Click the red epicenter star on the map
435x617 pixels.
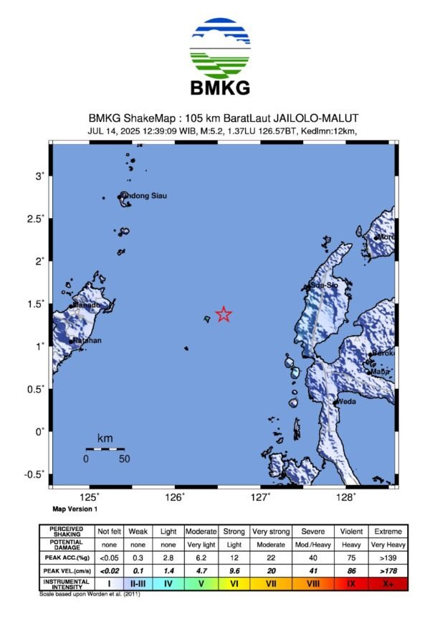tap(224, 314)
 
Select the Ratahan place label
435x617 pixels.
tap(87, 340)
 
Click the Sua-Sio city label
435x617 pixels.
tap(324, 286)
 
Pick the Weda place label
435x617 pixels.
tap(347, 401)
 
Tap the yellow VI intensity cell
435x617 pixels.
tap(234, 584)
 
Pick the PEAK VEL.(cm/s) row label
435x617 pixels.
tap(65, 570)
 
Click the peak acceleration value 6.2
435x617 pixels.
tap(201, 557)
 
